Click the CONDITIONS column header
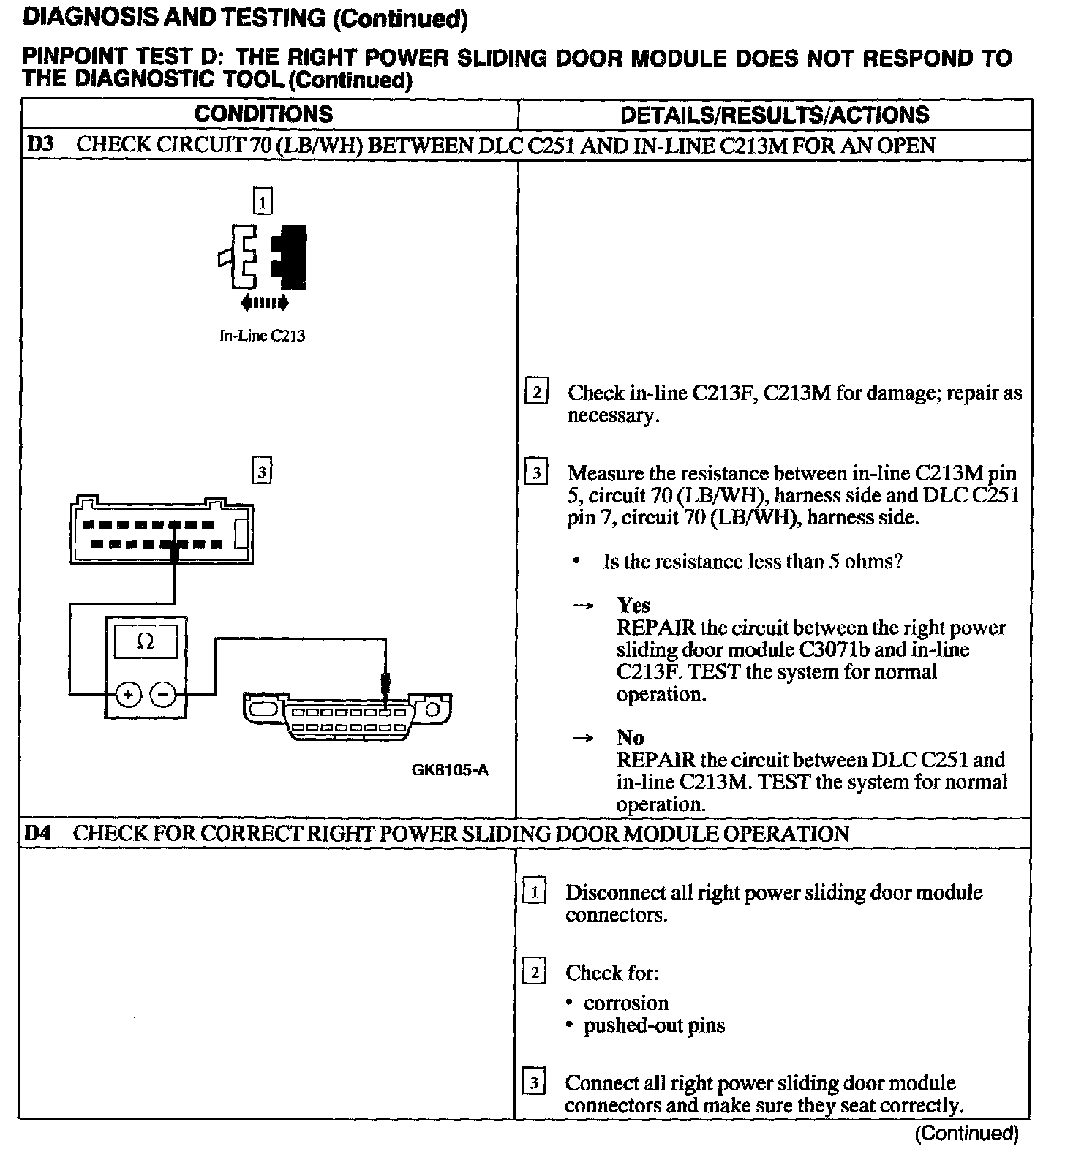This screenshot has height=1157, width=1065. (x=263, y=114)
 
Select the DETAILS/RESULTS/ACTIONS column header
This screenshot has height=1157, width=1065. (x=774, y=115)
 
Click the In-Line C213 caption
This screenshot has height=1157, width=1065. (x=263, y=336)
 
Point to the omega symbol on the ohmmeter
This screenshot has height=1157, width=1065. (x=146, y=641)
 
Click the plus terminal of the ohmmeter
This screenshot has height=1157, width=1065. (x=129, y=694)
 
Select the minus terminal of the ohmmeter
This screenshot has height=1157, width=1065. (x=164, y=694)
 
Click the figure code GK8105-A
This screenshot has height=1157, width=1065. (x=450, y=769)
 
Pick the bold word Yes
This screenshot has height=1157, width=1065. (x=633, y=605)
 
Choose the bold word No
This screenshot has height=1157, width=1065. (x=630, y=737)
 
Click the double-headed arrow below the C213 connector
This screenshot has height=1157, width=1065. (x=264, y=302)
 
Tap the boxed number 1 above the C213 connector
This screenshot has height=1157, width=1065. (x=263, y=201)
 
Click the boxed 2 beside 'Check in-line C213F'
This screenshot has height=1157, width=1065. (x=536, y=393)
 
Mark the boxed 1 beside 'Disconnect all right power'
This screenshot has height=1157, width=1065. (x=535, y=892)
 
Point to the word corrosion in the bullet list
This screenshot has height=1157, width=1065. (x=625, y=1003)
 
